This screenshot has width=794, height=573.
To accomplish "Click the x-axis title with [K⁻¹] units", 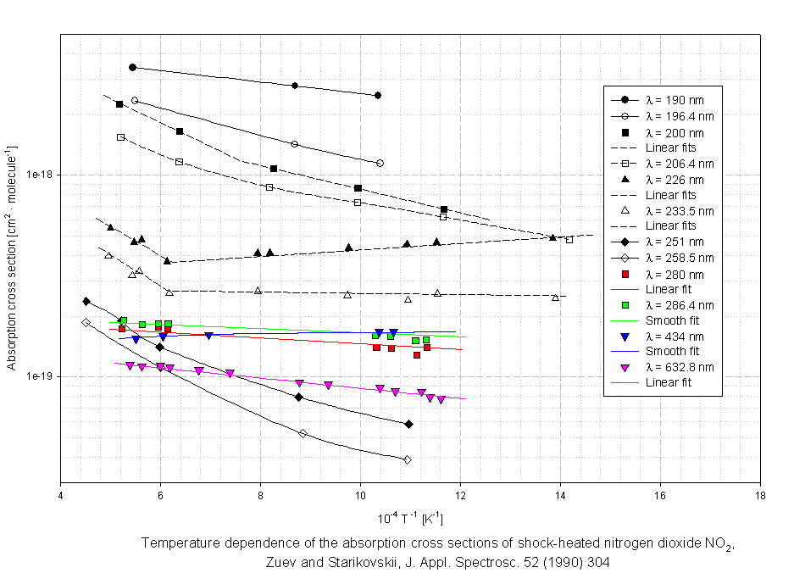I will [410, 518].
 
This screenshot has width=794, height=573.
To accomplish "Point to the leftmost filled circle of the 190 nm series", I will [132, 67].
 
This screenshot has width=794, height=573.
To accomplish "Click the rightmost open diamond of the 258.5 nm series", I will [408, 459].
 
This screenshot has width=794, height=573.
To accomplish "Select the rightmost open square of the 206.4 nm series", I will [569, 239].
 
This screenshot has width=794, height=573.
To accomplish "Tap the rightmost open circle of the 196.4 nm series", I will [380, 163].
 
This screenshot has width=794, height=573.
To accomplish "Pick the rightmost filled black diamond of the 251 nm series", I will [408, 424].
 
